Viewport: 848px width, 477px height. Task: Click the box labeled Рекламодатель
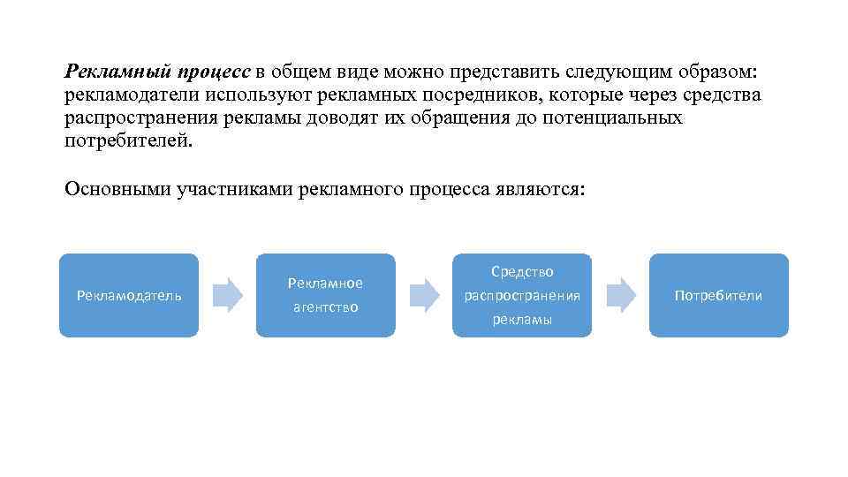[129, 295]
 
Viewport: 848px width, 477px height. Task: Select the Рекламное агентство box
[326, 295]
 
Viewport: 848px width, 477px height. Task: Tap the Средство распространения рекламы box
[522, 295]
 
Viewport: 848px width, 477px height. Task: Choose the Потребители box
[718, 295]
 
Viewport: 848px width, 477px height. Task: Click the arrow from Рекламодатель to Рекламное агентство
[228, 295]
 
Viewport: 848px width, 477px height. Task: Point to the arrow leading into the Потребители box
[621, 295]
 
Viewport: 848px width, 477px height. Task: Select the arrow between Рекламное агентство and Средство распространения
[425, 295]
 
